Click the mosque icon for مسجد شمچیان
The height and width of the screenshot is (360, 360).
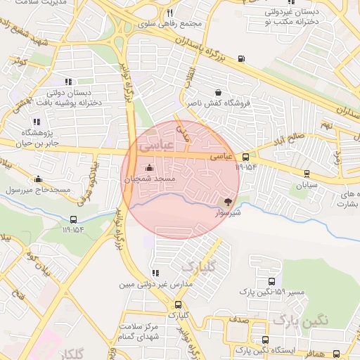(x=148, y=168)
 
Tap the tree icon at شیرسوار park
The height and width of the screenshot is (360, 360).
(x=227, y=202)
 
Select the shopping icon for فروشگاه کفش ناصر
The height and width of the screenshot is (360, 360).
(x=218, y=92)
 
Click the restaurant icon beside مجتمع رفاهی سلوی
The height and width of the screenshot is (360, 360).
(x=169, y=13)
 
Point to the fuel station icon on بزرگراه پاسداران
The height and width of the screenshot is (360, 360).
(x=242, y=58)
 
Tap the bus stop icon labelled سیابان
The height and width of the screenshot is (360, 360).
(x=307, y=173)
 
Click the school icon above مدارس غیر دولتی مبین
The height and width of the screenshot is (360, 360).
(x=155, y=274)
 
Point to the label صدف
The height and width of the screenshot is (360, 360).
(x=239, y=319)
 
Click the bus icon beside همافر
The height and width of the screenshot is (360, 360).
(x=337, y=354)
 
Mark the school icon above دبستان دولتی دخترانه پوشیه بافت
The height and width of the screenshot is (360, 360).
(x=68, y=82)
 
